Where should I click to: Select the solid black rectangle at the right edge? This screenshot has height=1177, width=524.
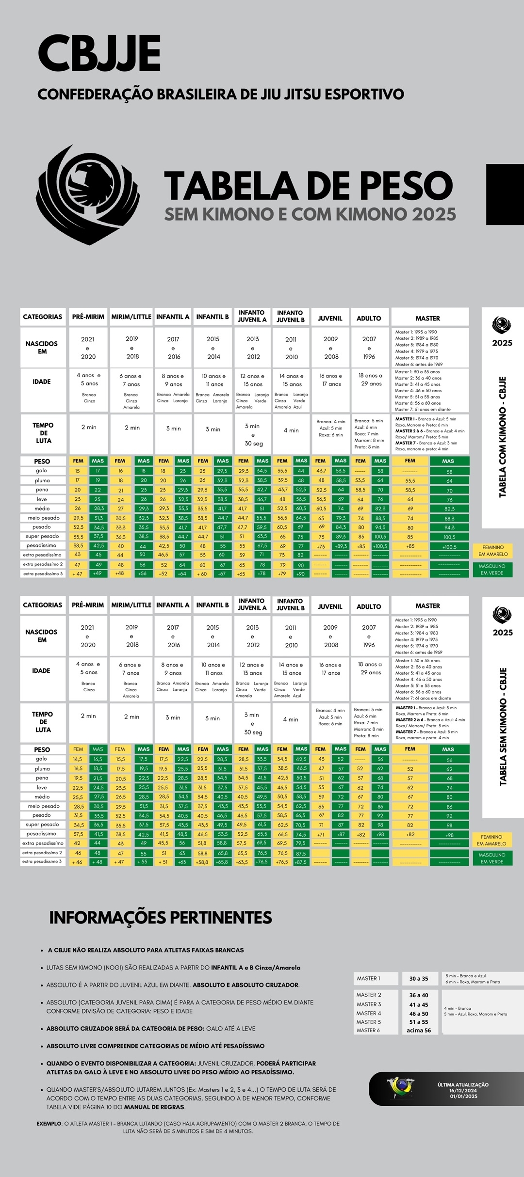click(x=505, y=194)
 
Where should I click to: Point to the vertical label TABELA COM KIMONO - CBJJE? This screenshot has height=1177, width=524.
click(x=503, y=436)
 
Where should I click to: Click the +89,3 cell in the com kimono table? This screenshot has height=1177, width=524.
click(x=341, y=546)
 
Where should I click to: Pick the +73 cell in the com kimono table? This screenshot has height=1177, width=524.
click(x=321, y=546)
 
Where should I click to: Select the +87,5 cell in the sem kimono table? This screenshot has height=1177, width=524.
click(x=301, y=862)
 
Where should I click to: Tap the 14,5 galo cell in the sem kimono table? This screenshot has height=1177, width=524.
click(x=78, y=759)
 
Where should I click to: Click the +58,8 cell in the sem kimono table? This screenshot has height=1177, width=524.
click(x=202, y=862)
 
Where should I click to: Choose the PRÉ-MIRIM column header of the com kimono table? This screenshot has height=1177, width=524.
click(x=88, y=317)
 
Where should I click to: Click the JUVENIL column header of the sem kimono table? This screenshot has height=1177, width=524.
click(x=330, y=606)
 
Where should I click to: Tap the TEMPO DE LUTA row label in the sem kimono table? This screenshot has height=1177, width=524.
click(x=43, y=722)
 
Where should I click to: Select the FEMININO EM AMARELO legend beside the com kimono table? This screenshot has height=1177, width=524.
click(x=493, y=551)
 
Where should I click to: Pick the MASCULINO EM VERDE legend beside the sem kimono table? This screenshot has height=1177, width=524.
click(x=492, y=858)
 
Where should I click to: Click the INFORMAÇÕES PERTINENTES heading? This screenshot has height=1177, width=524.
click(x=161, y=918)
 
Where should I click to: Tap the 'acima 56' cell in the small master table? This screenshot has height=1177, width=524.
click(x=419, y=1031)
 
